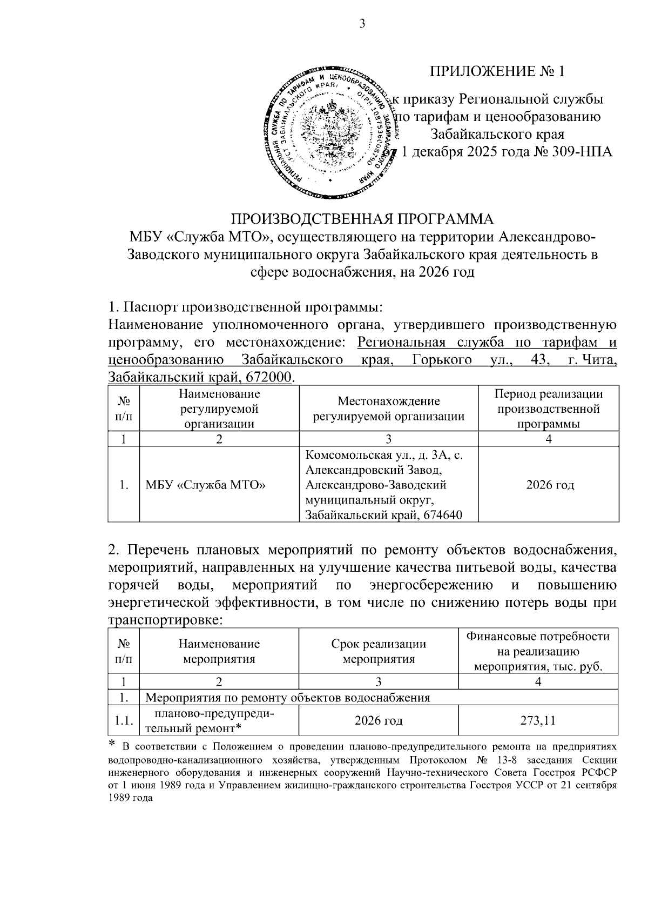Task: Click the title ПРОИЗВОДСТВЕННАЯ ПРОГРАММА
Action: point(362,219)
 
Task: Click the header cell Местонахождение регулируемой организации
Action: point(389,409)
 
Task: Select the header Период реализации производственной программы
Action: point(548,409)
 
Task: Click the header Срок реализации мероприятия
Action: point(379,651)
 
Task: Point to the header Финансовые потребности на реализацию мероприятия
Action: point(538,651)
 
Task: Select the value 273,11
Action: point(538,721)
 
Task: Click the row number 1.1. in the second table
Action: point(124,721)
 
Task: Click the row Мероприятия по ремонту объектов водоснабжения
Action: point(288,698)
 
